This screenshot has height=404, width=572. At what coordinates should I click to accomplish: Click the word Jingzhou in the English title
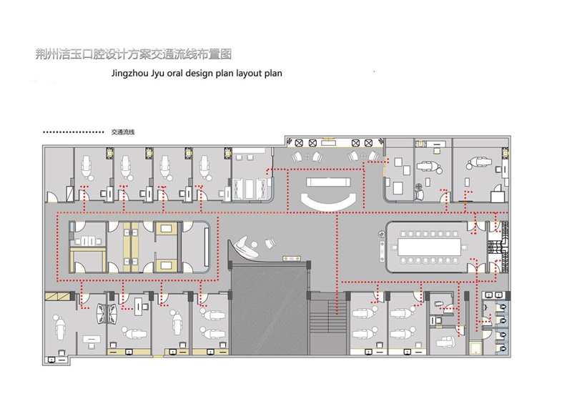129,74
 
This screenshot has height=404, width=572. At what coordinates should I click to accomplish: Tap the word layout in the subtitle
249,74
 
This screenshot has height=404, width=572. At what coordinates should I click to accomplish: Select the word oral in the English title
175,73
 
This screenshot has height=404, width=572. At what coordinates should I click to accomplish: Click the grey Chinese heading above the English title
134,54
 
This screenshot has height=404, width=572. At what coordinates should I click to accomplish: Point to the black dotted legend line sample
74,132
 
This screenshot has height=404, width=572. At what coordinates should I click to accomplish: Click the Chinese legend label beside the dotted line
123,132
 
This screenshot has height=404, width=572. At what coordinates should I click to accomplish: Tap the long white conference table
430,247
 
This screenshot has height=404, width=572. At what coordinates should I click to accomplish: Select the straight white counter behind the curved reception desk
328,182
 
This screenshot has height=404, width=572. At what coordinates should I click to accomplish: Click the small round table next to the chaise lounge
255,244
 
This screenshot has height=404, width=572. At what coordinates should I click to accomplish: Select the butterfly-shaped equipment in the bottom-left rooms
107,313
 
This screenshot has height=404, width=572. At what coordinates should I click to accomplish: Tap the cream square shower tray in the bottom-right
475,348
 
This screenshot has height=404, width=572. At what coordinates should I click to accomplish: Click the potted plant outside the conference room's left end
382,233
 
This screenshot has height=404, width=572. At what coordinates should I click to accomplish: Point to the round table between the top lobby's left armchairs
307,157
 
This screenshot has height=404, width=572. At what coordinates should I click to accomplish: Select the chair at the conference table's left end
394,247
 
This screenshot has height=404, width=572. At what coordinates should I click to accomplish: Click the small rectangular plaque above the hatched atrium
292,258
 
